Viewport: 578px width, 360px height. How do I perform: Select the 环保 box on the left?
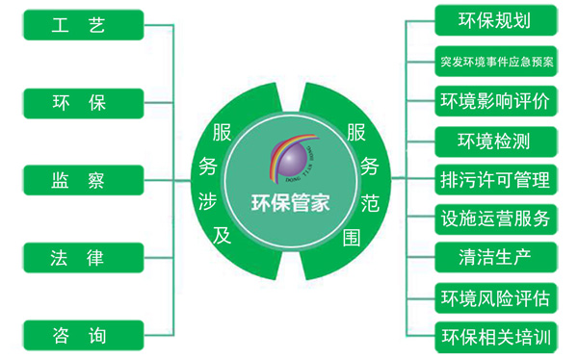[76, 102]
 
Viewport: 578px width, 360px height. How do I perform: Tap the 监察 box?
[76, 180]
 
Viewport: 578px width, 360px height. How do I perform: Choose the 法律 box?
[76, 258]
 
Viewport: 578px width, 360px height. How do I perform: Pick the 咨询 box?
[76, 336]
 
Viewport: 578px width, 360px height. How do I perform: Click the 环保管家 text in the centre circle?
[290, 203]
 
